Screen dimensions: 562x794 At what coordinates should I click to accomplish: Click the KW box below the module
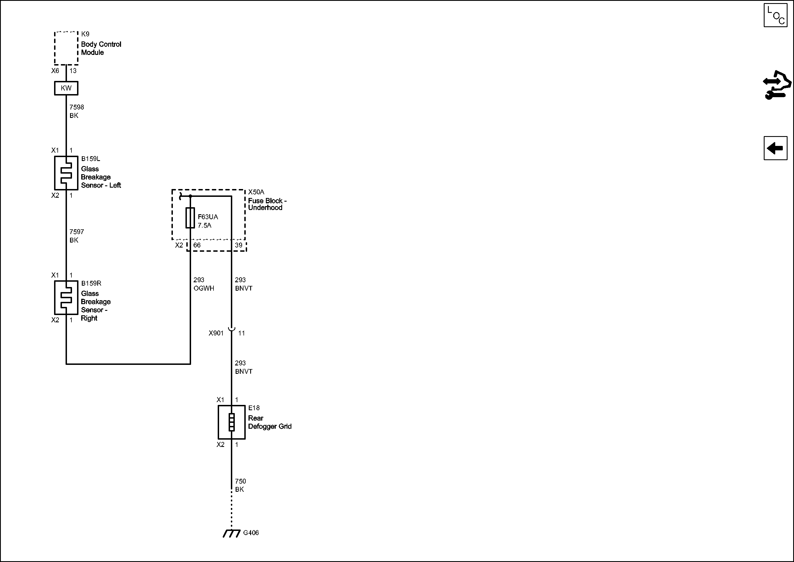66,88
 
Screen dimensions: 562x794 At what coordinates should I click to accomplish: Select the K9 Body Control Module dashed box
66,48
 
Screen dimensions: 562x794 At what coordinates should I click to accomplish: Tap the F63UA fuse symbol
190,218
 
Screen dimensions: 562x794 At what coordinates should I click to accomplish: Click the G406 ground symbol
232,533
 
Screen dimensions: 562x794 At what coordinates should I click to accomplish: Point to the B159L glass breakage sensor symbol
66,173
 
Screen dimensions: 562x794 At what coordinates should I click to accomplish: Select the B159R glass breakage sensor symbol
66,297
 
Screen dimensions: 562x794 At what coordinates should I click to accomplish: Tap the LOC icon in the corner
775,15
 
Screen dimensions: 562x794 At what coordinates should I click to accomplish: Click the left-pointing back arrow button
775,148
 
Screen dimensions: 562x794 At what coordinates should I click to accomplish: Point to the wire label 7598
76,107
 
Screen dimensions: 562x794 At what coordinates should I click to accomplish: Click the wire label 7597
76,232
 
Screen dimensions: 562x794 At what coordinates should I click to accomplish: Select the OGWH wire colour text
204,288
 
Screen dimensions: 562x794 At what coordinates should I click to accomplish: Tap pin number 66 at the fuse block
197,245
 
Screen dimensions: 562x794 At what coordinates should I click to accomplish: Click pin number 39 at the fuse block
239,245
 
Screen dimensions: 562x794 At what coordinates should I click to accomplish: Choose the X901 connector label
216,333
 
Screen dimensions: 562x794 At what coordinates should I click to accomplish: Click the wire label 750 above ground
240,481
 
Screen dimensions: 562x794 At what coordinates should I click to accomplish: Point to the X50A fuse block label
256,192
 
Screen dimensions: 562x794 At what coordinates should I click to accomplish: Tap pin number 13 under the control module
73,71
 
